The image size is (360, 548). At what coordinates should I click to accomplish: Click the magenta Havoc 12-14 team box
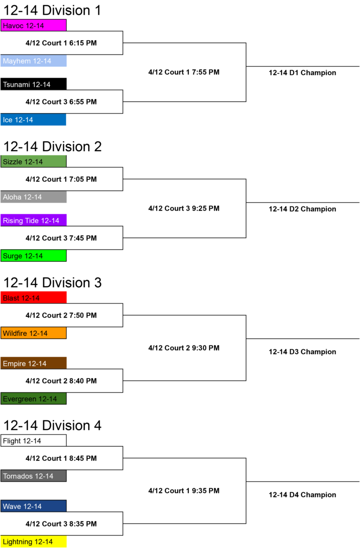pyautogui.click(x=34, y=25)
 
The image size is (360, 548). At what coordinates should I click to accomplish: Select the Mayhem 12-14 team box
pyautogui.click(x=34, y=61)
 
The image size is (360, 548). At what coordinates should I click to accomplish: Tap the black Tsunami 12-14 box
pyautogui.click(x=34, y=84)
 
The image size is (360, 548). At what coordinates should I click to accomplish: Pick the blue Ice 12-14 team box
pyautogui.click(x=34, y=120)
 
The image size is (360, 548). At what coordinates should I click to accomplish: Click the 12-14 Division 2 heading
pyautogui.click(x=52, y=146)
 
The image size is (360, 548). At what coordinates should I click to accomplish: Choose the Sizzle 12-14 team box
pyautogui.click(x=34, y=161)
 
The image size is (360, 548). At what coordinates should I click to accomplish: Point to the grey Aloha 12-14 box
pyautogui.click(x=34, y=197)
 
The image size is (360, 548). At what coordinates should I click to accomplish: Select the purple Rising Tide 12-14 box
pyautogui.click(x=34, y=220)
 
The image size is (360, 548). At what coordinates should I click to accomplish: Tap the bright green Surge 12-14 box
pyautogui.click(x=34, y=256)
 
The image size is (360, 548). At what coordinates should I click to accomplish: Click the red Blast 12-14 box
pyautogui.click(x=34, y=297)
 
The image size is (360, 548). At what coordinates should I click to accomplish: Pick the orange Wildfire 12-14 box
pyautogui.click(x=34, y=333)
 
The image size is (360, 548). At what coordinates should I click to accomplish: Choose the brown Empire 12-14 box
pyautogui.click(x=34, y=363)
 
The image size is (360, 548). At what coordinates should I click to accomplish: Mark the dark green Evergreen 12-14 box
pyautogui.click(x=34, y=398)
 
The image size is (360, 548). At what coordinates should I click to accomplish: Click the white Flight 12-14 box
pyautogui.click(x=34, y=441)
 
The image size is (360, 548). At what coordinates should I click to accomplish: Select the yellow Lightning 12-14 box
pyautogui.click(x=34, y=541)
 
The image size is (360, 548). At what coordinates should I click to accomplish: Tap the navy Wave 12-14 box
pyautogui.click(x=34, y=506)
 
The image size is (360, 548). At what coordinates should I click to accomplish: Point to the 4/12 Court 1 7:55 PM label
pyautogui.click(x=184, y=72)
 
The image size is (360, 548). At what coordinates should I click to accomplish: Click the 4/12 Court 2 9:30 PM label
pyautogui.click(x=184, y=348)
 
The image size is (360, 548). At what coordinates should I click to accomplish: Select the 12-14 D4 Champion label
pyautogui.click(x=302, y=495)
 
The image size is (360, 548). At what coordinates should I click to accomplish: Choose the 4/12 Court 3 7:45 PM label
pyautogui.click(x=61, y=238)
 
